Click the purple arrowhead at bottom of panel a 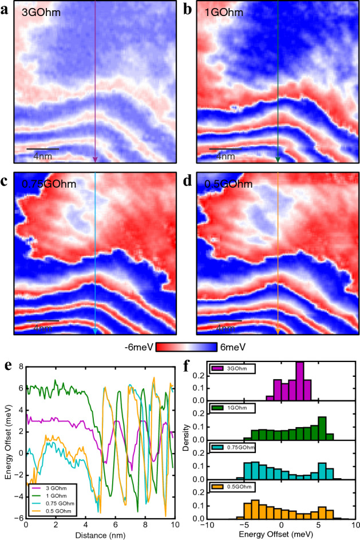[x=95, y=159]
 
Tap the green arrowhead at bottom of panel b [x=278, y=159]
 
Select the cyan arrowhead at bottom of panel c [x=95, y=330]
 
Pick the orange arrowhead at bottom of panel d [x=278, y=330]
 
